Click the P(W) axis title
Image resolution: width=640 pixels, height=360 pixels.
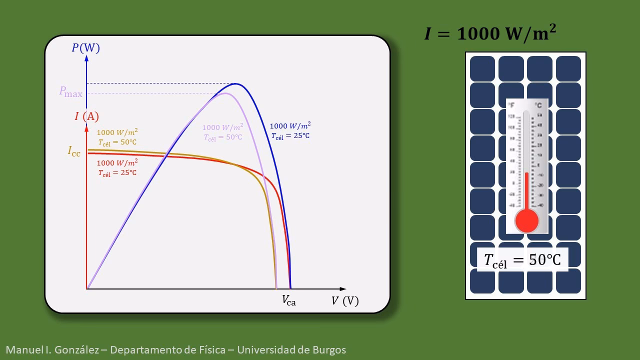(x=85, y=48)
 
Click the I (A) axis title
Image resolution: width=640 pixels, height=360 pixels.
(x=86, y=116)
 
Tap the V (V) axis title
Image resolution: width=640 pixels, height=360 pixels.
(x=345, y=301)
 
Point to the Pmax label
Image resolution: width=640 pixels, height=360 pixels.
(x=70, y=92)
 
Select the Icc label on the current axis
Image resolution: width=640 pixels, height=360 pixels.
(x=74, y=151)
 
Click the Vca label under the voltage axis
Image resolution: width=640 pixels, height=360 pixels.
(x=289, y=300)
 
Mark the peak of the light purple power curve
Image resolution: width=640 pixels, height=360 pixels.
(x=225, y=93)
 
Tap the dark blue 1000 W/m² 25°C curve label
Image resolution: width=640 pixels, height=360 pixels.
(x=290, y=130)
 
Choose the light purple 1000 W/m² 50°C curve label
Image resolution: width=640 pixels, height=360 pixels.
(x=222, y=132)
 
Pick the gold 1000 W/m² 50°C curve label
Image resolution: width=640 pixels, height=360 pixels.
(x=117, y=137)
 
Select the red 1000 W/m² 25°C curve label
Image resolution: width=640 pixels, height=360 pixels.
(x=117, y=168)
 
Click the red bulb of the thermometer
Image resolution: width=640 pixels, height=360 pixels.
(x=526, y=220)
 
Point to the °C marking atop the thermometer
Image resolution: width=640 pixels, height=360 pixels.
(x=538, y=105)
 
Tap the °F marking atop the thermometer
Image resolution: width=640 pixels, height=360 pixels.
(x=511, y=105)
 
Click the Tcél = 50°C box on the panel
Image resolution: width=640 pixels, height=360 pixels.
(x=522, y=260)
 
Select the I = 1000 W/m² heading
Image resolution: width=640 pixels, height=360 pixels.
(x=490, y=33)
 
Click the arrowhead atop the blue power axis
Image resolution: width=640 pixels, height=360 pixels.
(x=86, y=58)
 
